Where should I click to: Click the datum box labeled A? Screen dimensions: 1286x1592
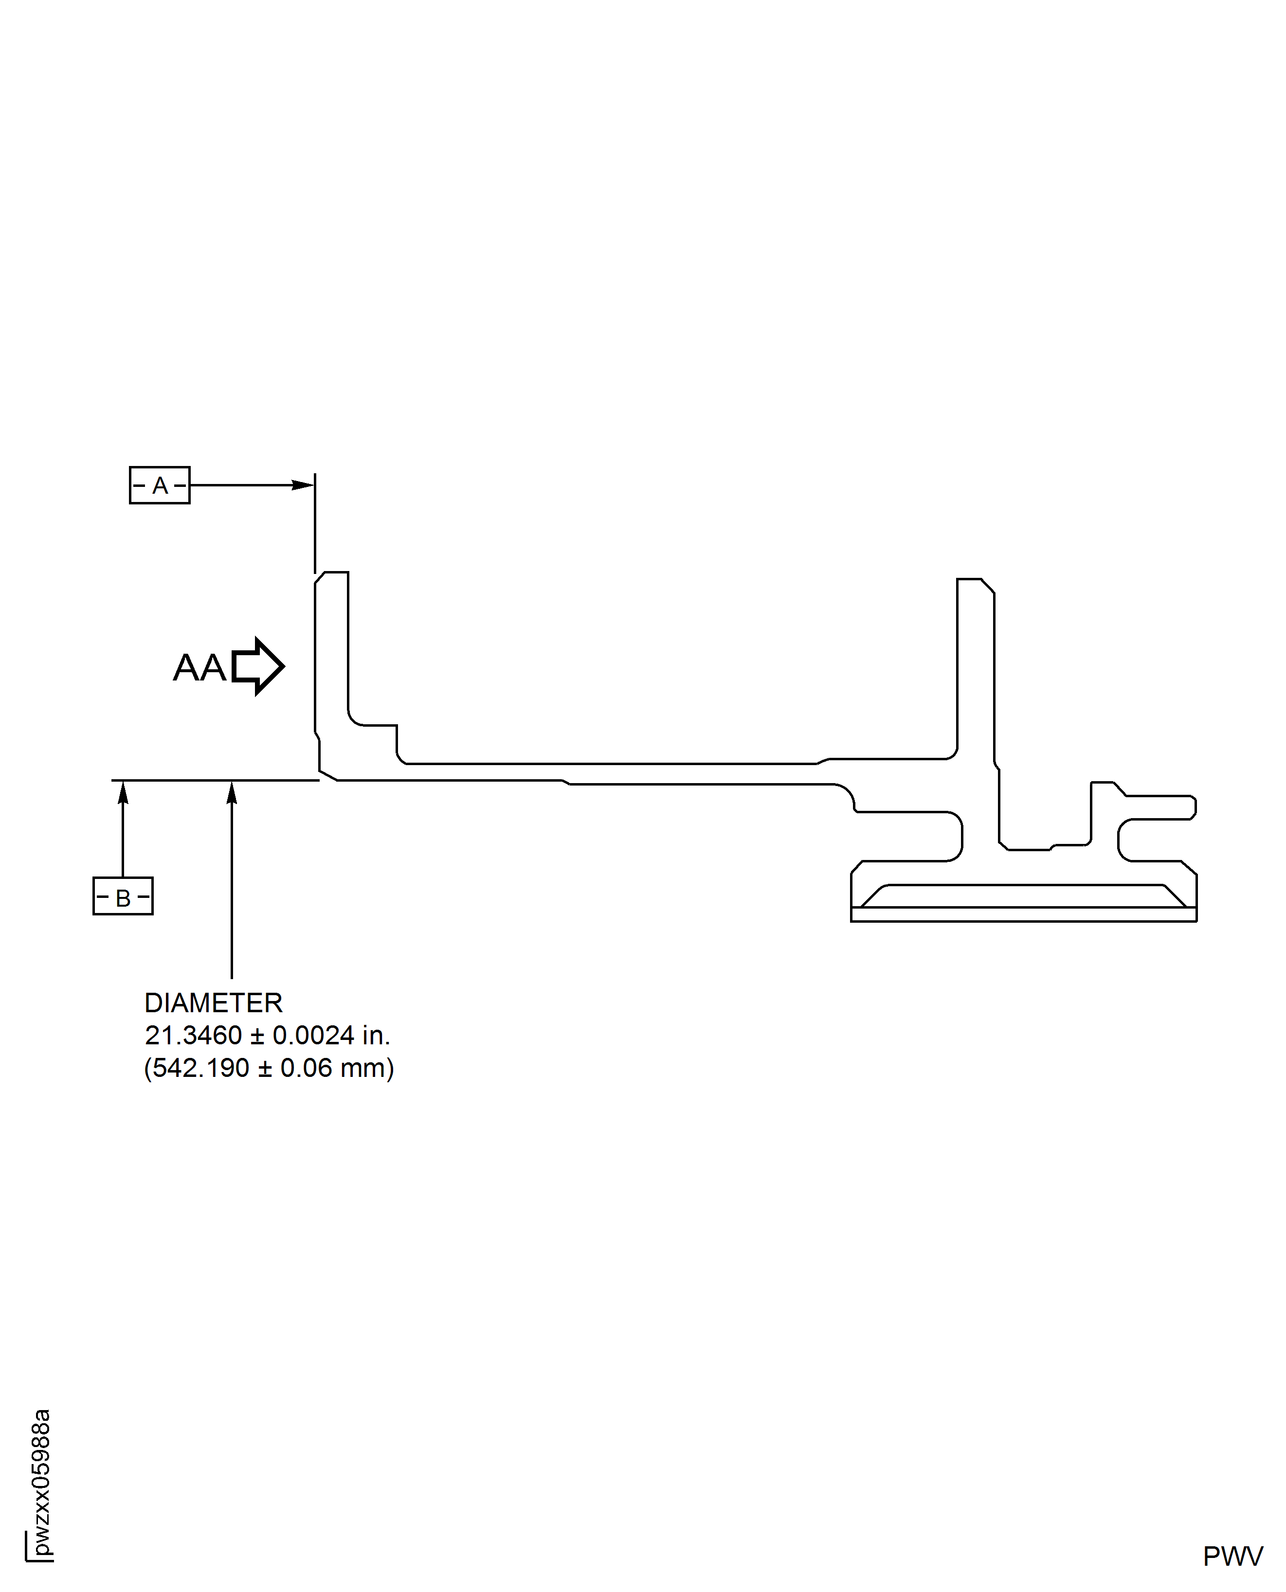[159, 485]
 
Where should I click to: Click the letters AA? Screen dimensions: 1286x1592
[199, 667]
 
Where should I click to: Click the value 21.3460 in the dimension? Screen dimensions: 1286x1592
[193, 1035]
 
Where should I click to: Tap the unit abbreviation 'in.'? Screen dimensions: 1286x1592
[376, 1035]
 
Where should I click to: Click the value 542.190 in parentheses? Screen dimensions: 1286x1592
[201, 1068]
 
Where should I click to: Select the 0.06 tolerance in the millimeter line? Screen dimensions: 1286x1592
[306, 1068]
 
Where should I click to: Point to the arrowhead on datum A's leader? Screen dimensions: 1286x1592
[304, 485]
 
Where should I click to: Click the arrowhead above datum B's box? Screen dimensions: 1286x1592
[123, 793]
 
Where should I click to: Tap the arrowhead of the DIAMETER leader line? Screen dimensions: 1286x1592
[232, 793]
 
